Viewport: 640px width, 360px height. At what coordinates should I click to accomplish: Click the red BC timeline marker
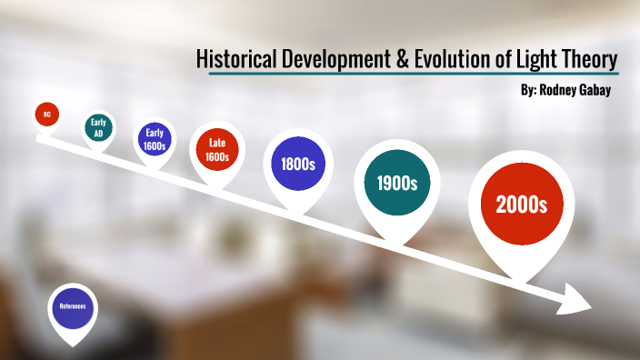click(47, 115)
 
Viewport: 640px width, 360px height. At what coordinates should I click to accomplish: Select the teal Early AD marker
click(98, 127)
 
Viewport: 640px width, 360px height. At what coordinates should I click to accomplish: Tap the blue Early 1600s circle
click(155, 139)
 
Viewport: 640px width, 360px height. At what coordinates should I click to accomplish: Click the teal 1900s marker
click(396, 183)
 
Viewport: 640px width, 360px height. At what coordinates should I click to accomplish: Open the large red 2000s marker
click(521, 205)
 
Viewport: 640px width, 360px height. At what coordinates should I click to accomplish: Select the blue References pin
click(73, 305)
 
